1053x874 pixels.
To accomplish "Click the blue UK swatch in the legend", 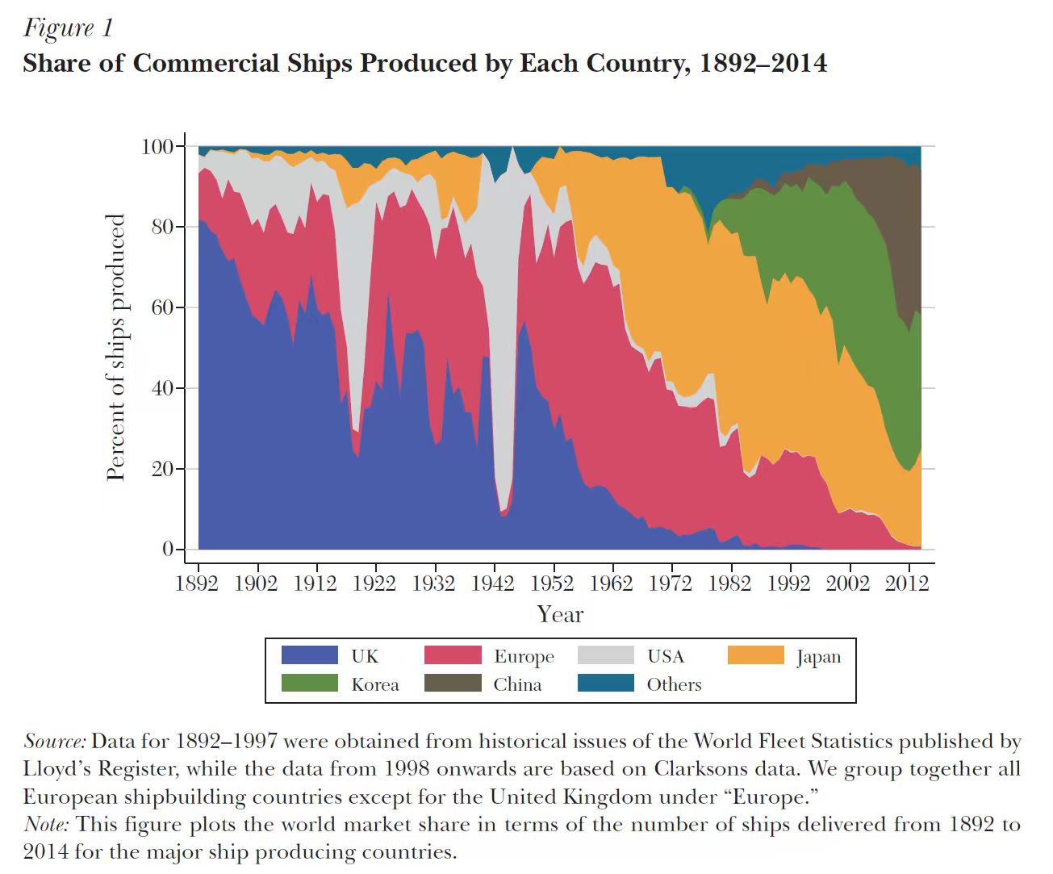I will [x=309, y=655].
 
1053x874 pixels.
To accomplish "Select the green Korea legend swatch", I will [x=309, y=684].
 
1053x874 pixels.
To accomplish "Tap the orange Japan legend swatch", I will [x=755, y=655].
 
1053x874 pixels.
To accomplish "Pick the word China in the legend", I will [x=517, y=684].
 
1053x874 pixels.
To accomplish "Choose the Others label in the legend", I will [x=674, y=684].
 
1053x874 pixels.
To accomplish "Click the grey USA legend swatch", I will [x=606, y=655].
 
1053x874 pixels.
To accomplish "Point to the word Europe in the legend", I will [x=524, y=656].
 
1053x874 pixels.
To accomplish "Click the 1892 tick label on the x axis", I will [x=197, y=583].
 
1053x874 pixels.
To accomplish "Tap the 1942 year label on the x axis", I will [x=493, y=583].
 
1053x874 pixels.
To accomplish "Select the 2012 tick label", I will [x=907, y=583].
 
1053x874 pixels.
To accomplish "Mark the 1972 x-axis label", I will [x=671, y=583].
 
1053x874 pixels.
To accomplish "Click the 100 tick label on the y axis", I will [x=157, y=146].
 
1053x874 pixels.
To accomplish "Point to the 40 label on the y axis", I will [x=163, y=388].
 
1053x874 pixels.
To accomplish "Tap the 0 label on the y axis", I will [x=168, y=549].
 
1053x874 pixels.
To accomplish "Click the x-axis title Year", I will [x=560, y=614].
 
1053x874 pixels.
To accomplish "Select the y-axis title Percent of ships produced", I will [x=116, y=347].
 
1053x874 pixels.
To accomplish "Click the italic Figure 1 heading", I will [x=69, y=28].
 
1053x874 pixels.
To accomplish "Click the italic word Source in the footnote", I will [x=55, y=741].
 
